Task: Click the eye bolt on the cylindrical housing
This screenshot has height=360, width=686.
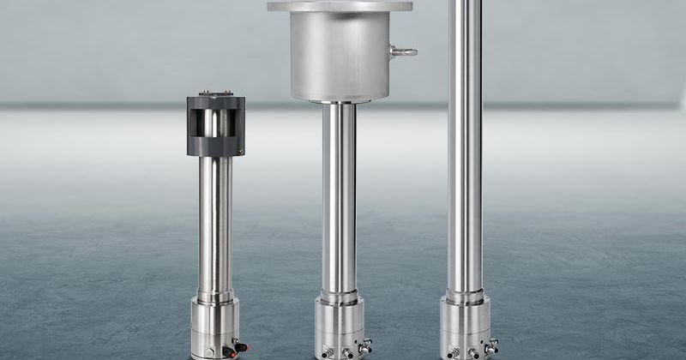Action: [404, 51]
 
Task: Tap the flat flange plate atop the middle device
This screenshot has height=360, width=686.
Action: [340, 6]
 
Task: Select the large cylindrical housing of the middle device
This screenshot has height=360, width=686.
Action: [340, 56]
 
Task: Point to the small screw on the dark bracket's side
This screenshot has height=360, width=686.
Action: [241, 152]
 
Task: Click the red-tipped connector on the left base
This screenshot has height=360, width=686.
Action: [241, 347]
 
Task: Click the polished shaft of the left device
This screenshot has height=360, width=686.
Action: [214, 223]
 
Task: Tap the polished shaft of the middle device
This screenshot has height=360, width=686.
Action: [339, 197]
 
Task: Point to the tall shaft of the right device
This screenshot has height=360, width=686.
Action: [465, 146]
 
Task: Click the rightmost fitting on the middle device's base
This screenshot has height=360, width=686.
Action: [365, 347]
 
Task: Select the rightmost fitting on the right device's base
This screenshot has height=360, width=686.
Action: [491, 347]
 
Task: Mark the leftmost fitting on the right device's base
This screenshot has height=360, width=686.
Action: [454, 351]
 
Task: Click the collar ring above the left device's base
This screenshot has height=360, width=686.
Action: [214, 296]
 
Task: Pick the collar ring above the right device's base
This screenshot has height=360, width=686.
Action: [465, 297]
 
